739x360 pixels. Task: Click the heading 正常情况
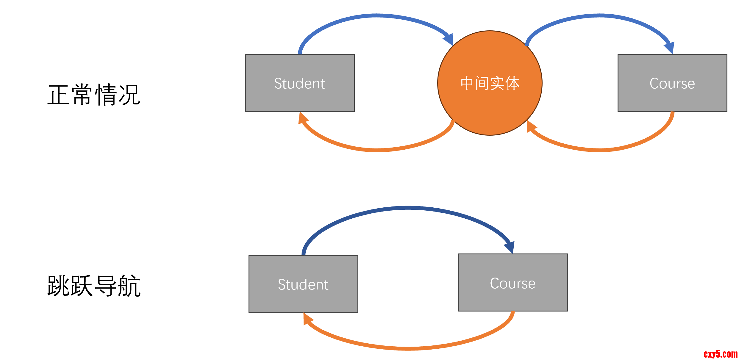point(94,95)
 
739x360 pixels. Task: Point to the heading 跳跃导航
point(94,286)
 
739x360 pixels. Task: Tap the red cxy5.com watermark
point(720,354)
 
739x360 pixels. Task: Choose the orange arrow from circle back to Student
point(376,150)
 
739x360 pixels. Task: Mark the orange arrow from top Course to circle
point(600,150)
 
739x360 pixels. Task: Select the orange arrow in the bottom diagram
point(408,348)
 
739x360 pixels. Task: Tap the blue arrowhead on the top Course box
point(670,48)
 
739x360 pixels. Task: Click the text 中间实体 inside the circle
point(490,83)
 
